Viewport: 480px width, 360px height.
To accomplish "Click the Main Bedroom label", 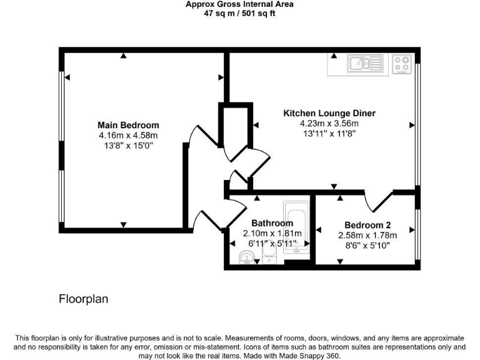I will (128, 125).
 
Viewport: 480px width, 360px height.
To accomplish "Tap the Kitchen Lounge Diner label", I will (329, 113).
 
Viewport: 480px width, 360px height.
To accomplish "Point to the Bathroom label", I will (272, 223).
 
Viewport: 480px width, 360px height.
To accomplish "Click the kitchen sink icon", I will (365, 63).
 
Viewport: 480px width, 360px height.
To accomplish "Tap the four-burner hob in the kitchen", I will (402, 63).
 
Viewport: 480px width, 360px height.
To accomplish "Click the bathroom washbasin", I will (247, 257).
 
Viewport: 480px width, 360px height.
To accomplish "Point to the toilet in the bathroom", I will (269, 254).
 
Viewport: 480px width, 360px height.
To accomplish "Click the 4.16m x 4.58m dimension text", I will (128, 135).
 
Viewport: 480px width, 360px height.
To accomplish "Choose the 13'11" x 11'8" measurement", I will (329, 133).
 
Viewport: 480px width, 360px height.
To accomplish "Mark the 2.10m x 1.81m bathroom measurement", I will (272, 233).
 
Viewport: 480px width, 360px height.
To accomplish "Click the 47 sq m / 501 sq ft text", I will (240, 13).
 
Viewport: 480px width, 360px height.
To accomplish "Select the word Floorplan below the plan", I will (83, 299).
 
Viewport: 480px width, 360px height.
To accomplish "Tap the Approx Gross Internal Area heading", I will (240, 4).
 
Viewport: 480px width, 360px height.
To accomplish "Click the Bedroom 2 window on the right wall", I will (417, 232).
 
